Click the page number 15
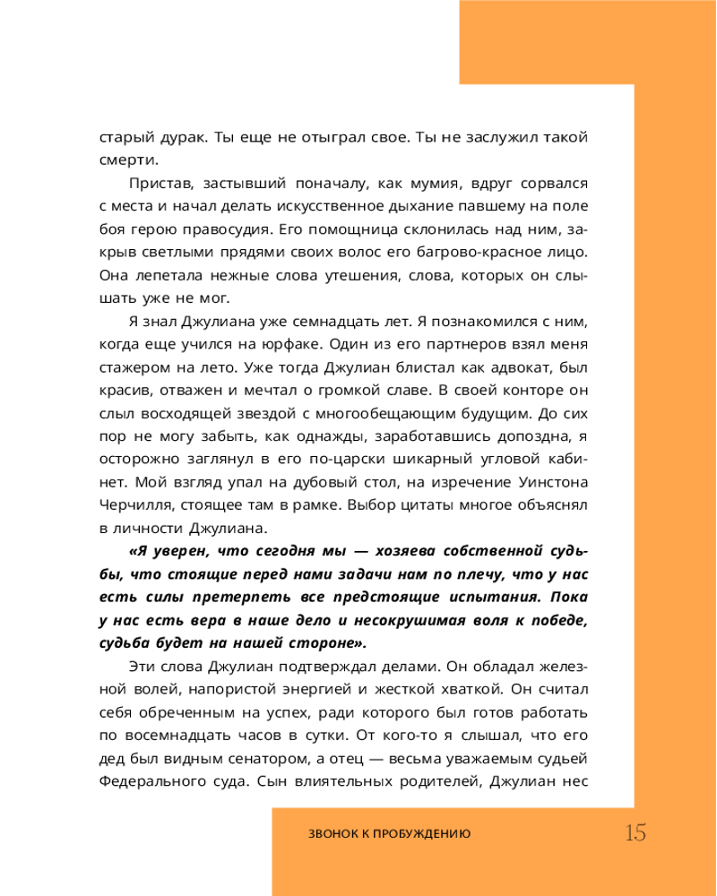[635, 832]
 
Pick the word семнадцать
[317, 321]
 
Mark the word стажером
[129, 367]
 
